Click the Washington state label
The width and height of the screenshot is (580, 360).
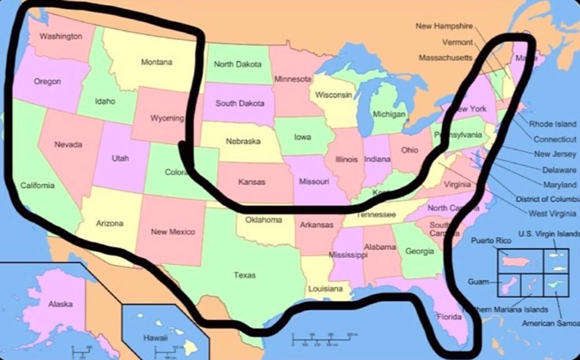pos(61,36)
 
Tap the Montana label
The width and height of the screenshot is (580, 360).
pos(156,63)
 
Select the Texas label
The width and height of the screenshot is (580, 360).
pos(245,275)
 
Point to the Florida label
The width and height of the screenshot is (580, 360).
pos(449,317)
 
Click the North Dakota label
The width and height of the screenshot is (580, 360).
pos(238,64)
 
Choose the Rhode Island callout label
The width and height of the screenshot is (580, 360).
pos(553,124)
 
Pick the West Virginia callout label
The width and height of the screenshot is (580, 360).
pos(553,213)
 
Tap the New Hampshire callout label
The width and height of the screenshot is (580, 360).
pos(444,26)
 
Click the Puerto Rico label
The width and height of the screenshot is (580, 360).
pos(491,241)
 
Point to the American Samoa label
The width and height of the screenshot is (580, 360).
pos(550,323)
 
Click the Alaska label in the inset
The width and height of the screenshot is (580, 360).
pos(60,304)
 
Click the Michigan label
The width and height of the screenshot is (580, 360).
pos(389,114)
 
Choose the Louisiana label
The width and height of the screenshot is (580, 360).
pos(325,289)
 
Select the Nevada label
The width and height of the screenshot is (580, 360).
pos(68,145)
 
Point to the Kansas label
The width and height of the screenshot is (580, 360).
pos(252,181)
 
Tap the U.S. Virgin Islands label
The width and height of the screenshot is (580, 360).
pos(549,233)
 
